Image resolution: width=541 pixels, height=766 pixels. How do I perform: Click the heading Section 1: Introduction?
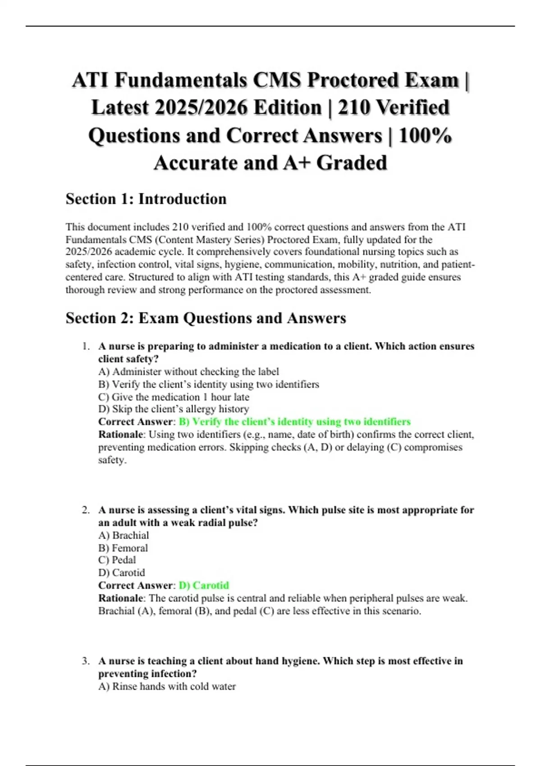(x=146, y=199)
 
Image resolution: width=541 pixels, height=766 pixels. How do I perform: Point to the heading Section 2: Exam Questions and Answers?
(x=206, y=318)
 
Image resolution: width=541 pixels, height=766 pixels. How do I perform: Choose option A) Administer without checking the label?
(x=188, y=372)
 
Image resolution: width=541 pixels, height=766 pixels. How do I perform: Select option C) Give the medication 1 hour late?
(x=174, y=397)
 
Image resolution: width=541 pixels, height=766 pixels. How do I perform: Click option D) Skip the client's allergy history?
(x=174, y=409)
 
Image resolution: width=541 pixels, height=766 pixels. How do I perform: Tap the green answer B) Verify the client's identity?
(x=295, y=422)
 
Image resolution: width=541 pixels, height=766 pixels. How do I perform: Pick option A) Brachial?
(x=124, y=535)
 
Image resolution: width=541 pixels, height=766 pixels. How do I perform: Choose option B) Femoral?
(x=123, y=548)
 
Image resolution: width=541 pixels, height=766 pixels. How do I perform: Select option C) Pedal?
(x=117, y=560)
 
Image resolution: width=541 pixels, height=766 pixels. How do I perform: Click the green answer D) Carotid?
(x=204, y=585)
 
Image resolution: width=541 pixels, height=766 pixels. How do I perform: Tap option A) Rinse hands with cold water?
(x=167, y=687)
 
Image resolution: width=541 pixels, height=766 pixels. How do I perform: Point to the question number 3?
(x=86, y=661)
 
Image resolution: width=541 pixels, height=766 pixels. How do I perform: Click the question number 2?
(x=86, y=510)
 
